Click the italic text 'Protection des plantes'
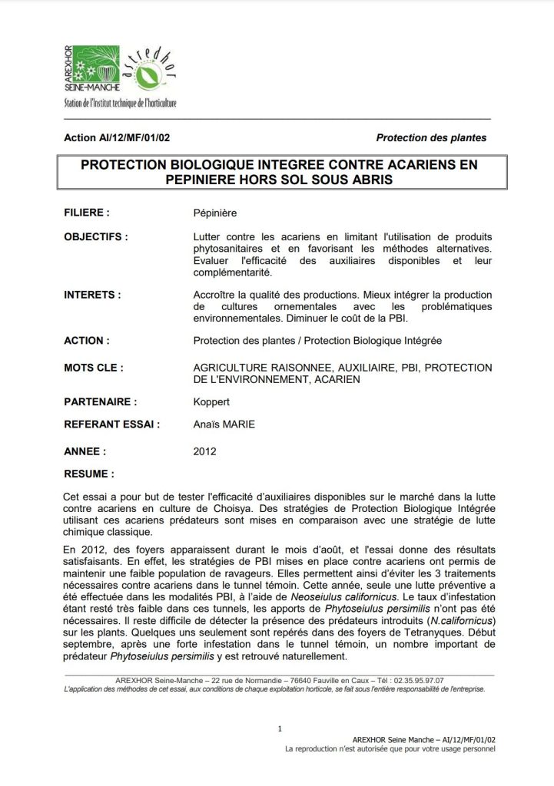click(431, 138)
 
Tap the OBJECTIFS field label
click(96, 236)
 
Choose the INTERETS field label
click(92, 294)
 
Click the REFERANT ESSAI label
click(111, 423)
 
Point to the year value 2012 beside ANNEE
click(206, 452)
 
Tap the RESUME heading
click(90, 474)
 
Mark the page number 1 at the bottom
click(280, 728)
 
